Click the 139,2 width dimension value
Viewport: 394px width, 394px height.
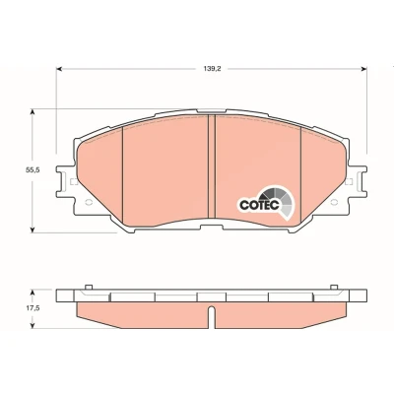click(211, 69)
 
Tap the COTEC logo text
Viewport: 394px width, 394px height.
click(259, 205)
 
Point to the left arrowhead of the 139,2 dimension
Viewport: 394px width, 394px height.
click(59, 69)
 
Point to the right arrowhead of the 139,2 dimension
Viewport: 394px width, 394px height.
click(363, 69)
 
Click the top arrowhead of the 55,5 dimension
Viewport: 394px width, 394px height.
click(33, 112)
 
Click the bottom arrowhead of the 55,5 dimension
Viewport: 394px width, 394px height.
click(33, 230)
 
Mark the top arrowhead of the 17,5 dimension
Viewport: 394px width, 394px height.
click(33, 293)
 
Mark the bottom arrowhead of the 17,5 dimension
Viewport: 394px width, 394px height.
click(33, 325)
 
